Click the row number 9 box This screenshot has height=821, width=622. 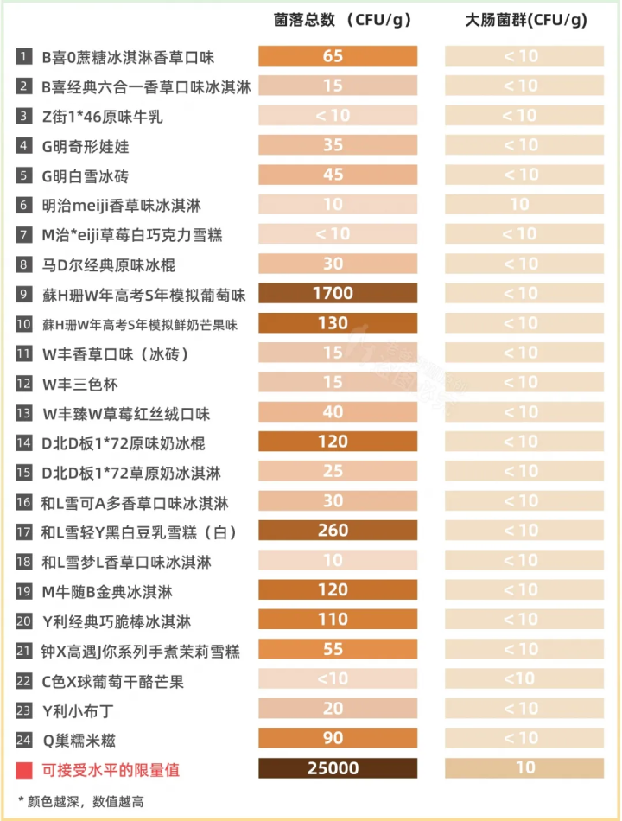coord(23,294)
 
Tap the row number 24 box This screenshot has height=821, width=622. coord(23,739)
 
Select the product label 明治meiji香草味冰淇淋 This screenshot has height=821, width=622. coord(121,206)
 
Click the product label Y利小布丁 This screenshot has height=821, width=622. coord(78,710)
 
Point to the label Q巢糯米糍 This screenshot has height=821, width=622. coord(79,740)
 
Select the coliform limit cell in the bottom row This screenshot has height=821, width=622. coord(524,767)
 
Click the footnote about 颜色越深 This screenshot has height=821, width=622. coord(81,801)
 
